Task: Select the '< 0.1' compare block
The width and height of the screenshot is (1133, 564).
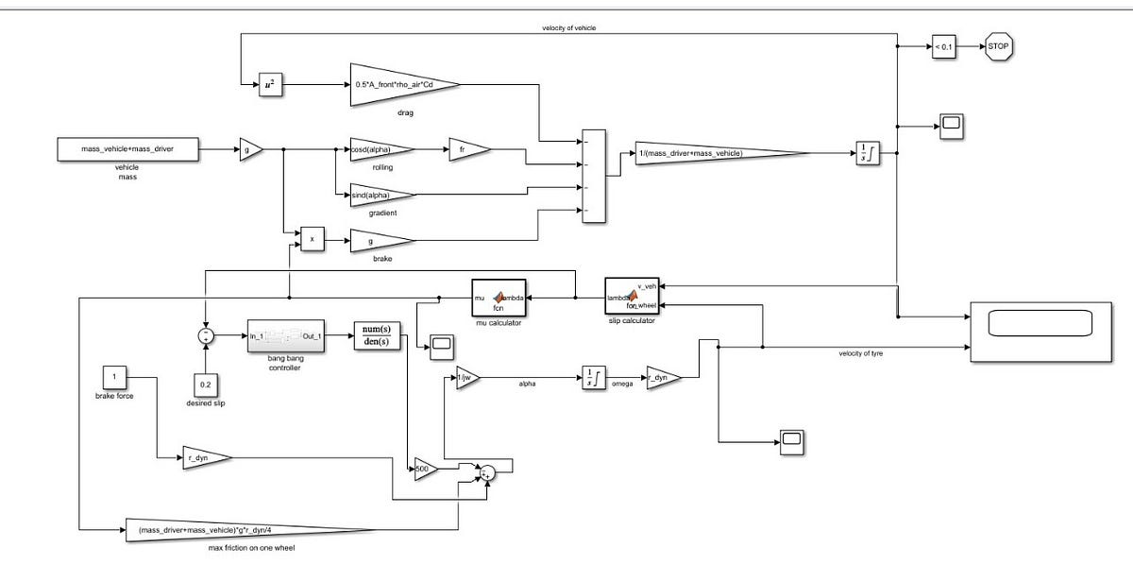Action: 943,44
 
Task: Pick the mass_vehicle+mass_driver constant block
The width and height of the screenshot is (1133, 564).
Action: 127,148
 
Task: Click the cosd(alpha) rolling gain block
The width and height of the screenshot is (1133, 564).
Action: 378,149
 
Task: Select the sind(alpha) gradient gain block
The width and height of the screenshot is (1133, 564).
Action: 378,195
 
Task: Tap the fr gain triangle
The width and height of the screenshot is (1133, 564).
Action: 467,149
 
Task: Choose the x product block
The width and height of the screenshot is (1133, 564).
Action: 312,240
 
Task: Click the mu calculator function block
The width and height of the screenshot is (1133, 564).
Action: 498,298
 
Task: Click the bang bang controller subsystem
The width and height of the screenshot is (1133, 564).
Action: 284,335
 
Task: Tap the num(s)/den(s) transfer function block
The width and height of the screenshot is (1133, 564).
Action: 377,335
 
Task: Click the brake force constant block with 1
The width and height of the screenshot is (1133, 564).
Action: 113,378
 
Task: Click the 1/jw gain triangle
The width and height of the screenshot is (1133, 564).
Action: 467,378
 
